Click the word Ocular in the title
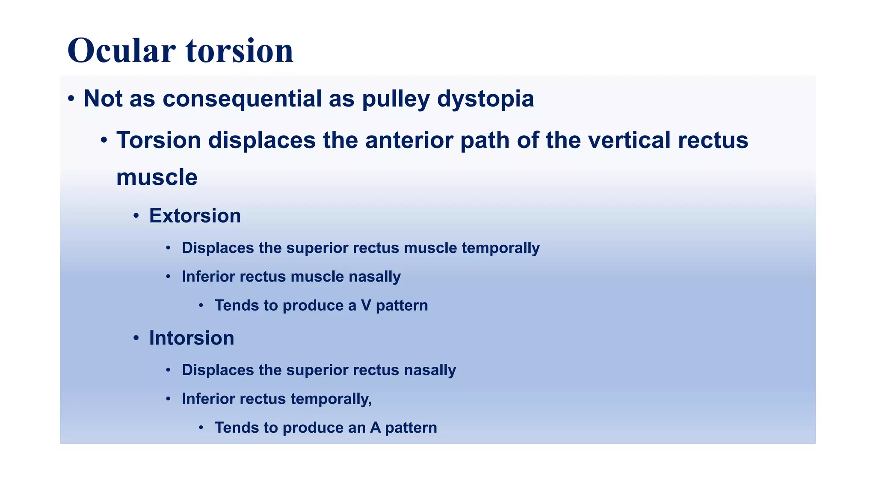tap(121, 51)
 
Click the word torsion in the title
tap(240, 51)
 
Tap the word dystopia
tap(485, 99)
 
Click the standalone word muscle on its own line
tap(157, 177)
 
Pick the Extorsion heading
tap(195, 216)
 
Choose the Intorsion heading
tap(191, 338)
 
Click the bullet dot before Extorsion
tap(136, 216)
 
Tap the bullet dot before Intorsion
tap(136, 339)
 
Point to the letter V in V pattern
tap(366, 306)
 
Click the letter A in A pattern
tap(375, 428)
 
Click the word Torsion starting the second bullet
tap(159, 140)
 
